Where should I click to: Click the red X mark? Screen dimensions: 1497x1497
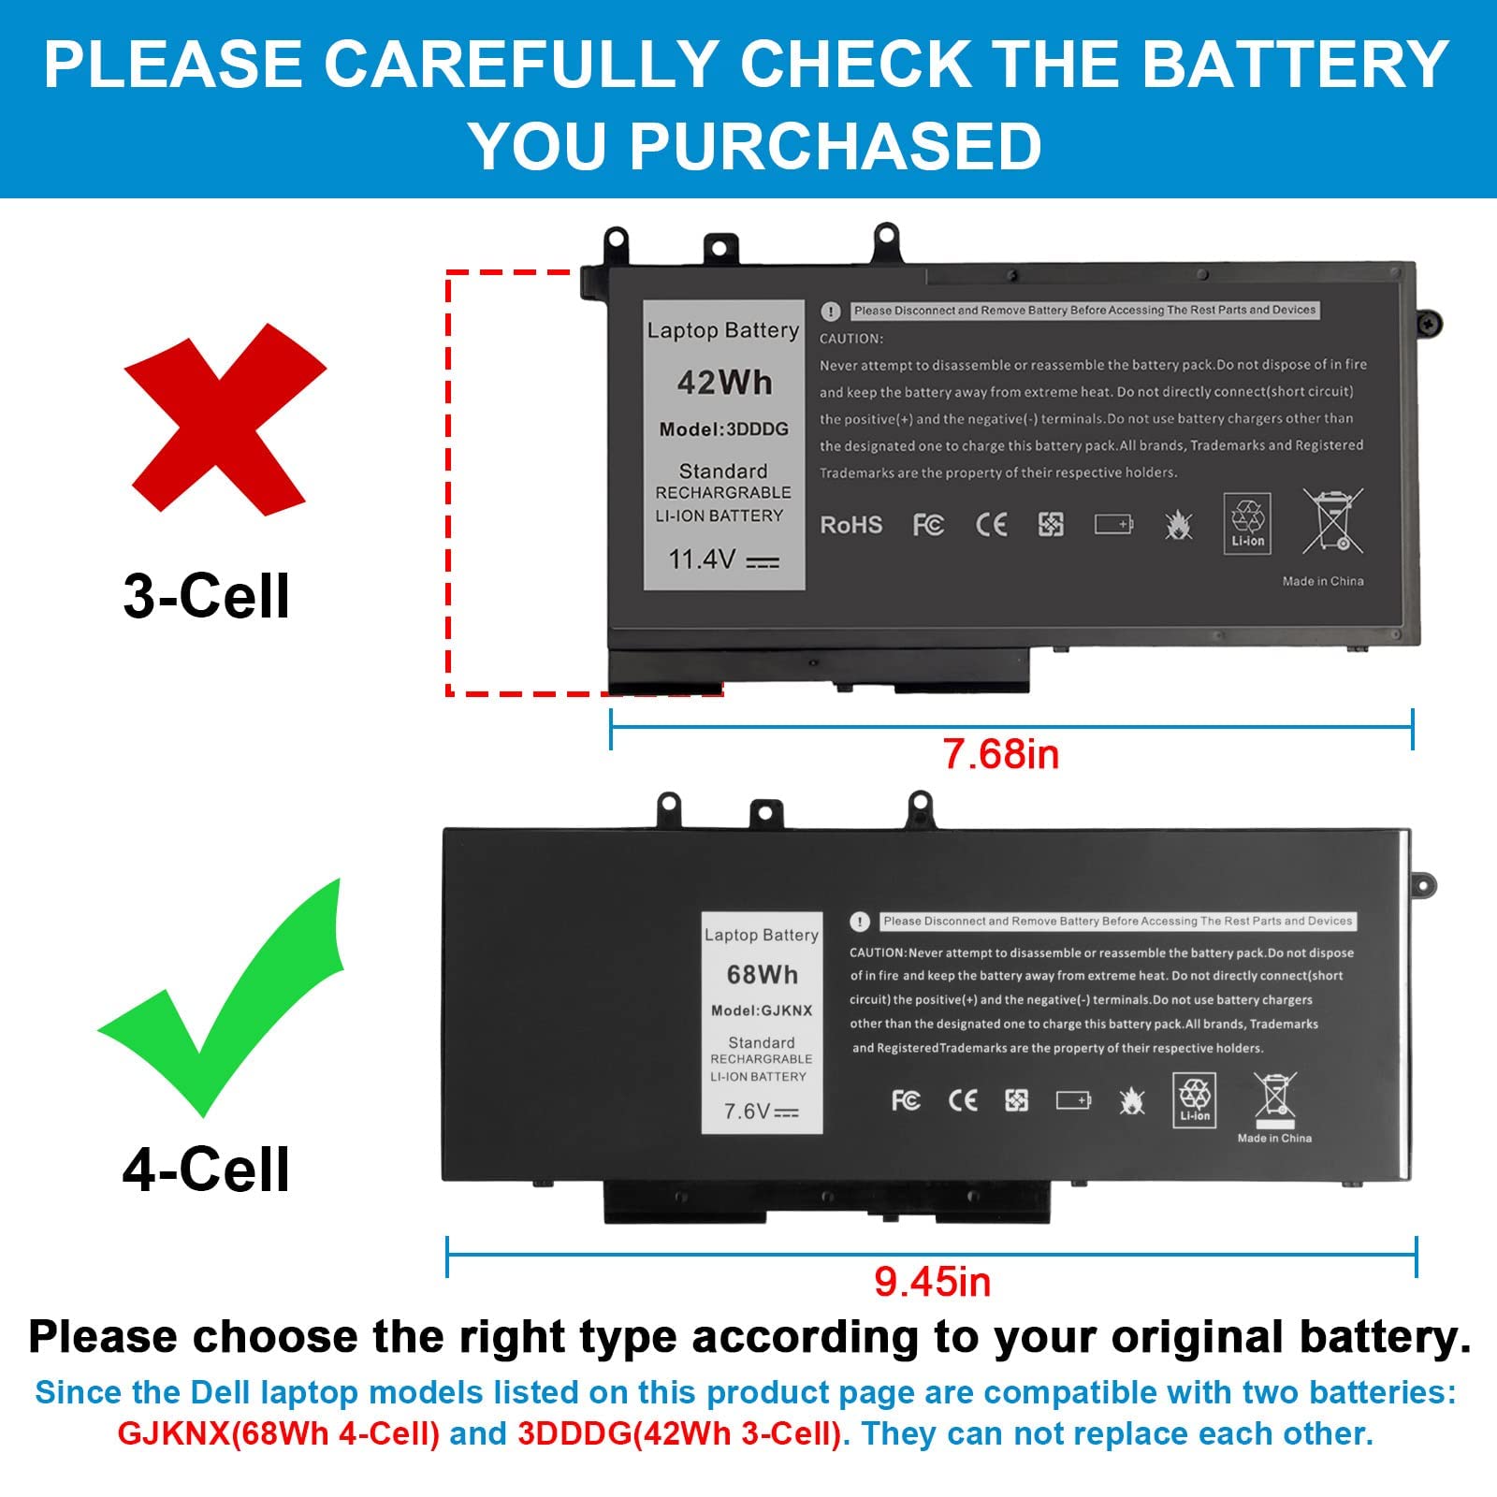tap(225, 421)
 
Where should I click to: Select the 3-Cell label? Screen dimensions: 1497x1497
tap(206, 596)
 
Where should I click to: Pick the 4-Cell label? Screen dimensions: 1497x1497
tap(206, 1170)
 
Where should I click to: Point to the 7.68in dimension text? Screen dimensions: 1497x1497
tap(1000, 754)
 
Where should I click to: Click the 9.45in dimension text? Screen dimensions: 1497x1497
tap(932, 1282)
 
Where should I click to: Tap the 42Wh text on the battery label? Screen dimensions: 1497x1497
tap(724, 383)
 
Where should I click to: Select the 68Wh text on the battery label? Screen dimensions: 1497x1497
tap(763, 975)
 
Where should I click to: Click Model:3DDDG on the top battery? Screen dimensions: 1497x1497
tap(723, 429)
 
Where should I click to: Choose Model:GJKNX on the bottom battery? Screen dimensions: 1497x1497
tap(762, 1010)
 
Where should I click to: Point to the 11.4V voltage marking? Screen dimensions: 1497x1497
tap(722, 560)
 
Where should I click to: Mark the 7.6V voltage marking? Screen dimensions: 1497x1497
tap(761, 1112)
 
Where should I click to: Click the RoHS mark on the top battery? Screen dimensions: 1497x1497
tap(850, 525)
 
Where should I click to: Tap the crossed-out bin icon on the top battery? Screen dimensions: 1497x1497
tap(1333, 520)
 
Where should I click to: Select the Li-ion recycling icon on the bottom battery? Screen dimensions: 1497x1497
tap(1195, 1099)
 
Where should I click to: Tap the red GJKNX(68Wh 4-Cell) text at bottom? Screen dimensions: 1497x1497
tap(278, 1434)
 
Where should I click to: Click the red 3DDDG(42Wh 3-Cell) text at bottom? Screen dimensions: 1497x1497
tap(679, 1434)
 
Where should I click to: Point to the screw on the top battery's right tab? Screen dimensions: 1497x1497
tap(1429, 324)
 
